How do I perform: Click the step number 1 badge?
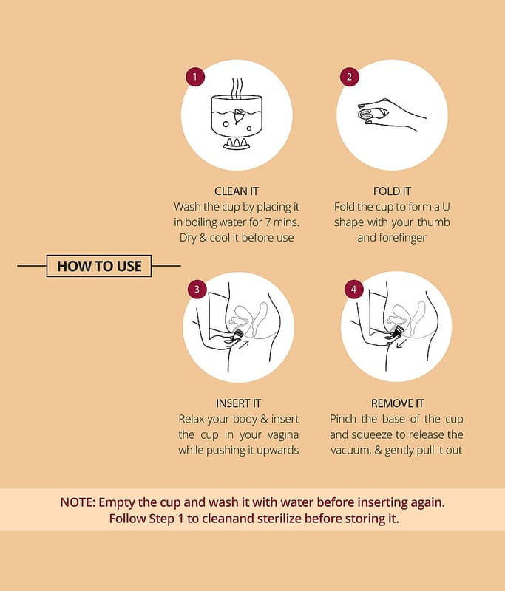pyautogui.click(x=195, y=77)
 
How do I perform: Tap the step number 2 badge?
pyautogui.click(x=349, y=77)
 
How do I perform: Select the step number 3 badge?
pyautogui.click(x=197, y=290)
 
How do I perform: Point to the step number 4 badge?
pyautogui.click(x=353, y=290)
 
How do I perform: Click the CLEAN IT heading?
pyautogui.click(x=237, y=191)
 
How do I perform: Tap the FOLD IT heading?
pyautogui.click(x=392, y=191)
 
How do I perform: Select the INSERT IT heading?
pyautogui.click(x=238, y=403)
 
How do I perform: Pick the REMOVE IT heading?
pyautogui.click(x=398, y=403)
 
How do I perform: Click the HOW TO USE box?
pyautogui.click(x=99, y=266)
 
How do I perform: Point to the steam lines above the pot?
pyautogui.click(x=237, y=87)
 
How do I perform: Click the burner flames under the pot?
pyautogui.click(x=237, y=142)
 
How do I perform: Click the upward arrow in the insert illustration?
pyautogui.click(x=244, y=345)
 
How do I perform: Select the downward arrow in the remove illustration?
pyautogui.click(x=401, y=344)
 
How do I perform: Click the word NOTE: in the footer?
pyautogui.click(x=78, y=502)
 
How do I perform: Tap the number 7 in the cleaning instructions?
pyautogui.click(x=267, y=222)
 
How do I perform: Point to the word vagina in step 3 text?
pyautogui.click(x=283, y=435)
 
